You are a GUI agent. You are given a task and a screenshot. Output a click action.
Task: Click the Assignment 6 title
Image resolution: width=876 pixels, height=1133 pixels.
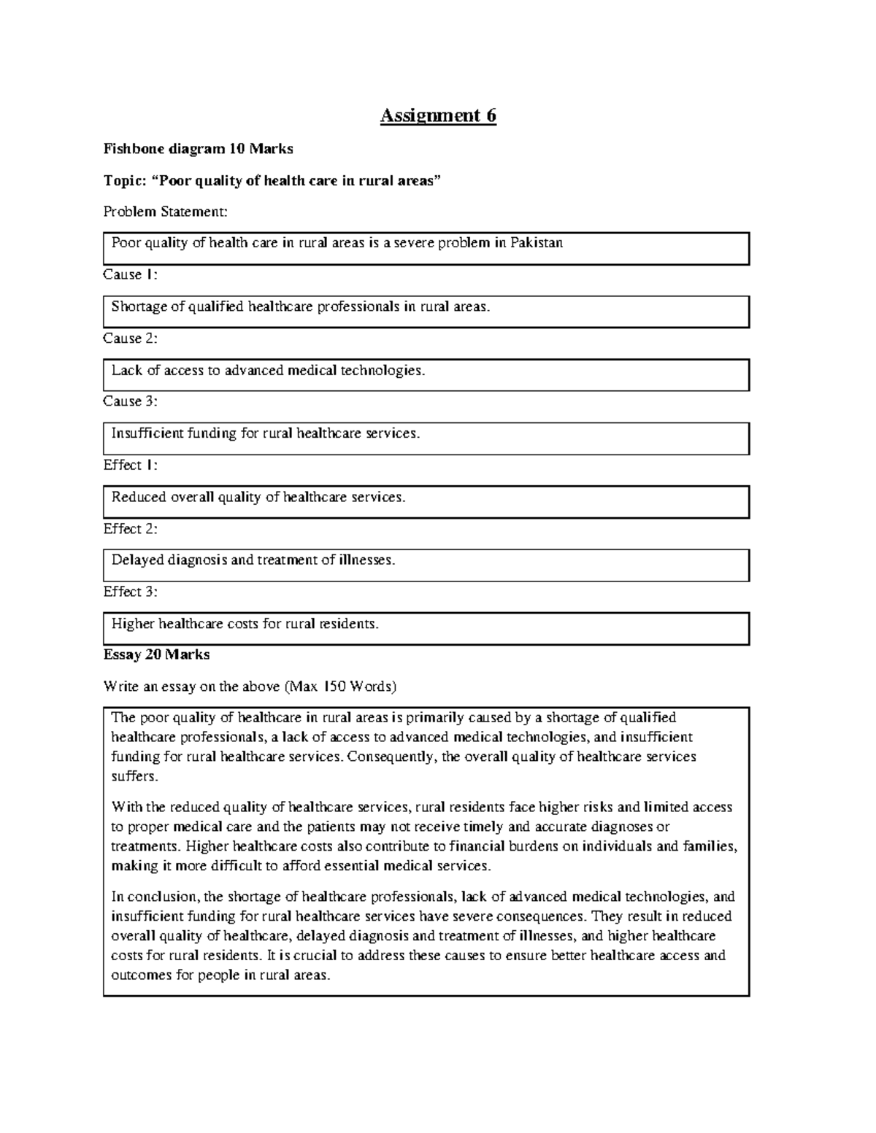click(438, 116)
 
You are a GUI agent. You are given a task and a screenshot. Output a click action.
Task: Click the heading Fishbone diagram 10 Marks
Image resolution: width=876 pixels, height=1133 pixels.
click(198, 149)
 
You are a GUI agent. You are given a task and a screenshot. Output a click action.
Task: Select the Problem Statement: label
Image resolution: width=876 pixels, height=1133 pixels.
click(165, 212)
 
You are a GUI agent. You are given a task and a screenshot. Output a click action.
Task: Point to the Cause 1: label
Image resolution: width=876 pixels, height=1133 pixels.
click(130, 274)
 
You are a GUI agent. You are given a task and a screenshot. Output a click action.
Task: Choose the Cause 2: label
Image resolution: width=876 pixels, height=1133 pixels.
click(130, 338)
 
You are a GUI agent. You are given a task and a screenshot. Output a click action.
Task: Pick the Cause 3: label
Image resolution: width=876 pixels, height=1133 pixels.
click(130, 401)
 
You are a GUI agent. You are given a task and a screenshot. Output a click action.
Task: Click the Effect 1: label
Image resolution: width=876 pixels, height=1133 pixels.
click(130, 465)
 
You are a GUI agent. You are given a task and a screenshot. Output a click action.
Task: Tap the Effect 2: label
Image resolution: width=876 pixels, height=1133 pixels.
click(130, 528)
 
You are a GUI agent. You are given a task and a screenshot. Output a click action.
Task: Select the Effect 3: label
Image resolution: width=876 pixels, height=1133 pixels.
click(130, 592)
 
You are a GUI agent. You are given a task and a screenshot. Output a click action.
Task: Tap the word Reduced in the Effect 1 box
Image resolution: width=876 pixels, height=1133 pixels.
click(139, 497)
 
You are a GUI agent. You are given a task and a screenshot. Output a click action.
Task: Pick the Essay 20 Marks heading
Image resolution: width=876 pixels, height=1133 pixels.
click(156, 654)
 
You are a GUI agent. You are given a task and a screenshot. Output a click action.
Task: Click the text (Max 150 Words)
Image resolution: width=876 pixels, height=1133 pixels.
click(340, 687)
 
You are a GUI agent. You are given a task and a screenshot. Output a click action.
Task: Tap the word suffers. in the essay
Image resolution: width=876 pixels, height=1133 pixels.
click(134, 776)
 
